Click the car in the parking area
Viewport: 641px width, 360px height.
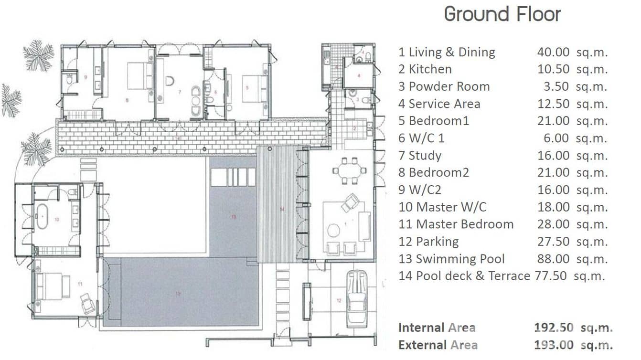click(x=356, y=297)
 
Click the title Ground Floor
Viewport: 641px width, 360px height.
click(x=502, y=14)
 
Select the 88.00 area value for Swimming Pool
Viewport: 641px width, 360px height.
click(x=553, y=259)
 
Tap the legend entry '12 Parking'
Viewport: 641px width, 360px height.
click(x=428, y=242)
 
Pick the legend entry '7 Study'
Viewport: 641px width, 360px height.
click(x=420, y=155)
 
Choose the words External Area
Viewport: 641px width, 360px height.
click(x=438, y=345)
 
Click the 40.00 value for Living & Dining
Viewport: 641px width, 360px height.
click(x=553, y=52)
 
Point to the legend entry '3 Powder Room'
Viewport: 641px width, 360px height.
click(x=444, y=86)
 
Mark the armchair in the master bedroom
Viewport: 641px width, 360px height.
click(x=87, y=303)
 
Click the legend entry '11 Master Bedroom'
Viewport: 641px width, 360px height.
click(x=456, y=224)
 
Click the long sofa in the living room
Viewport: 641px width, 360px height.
click(x=365, y=226)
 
